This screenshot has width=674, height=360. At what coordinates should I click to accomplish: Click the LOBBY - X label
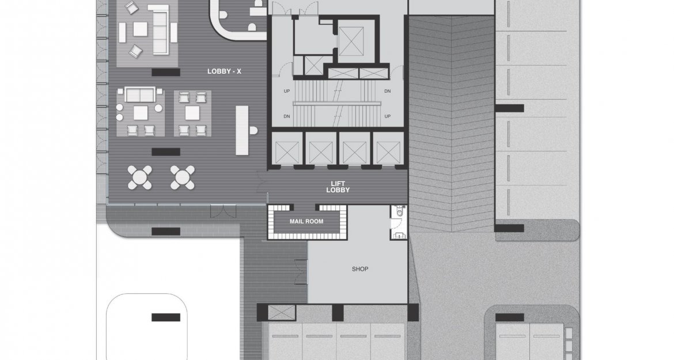(x=224, y=71)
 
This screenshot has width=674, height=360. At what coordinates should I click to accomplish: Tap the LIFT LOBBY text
(x=338, y=187)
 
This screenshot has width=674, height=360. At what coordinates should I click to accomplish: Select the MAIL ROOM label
(x=306, y=222)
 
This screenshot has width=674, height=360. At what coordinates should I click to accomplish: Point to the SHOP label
(x=360, y=269)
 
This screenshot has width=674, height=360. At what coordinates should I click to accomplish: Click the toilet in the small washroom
(x=400, y=212)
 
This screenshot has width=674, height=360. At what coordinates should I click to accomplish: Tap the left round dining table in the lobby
(x=140, y=177)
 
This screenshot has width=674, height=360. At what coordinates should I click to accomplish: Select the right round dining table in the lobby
(x=183, y=177)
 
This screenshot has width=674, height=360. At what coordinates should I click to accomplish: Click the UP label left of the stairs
(x=287, y=91)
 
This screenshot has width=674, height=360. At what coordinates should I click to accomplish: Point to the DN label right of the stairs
(x=387, y=91)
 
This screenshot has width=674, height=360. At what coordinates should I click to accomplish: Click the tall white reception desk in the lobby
(x=242, y=131)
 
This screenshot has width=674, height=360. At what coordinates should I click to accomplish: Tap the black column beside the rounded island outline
(x=166, y=317)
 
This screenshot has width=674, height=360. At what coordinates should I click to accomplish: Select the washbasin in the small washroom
(x=400, y=235)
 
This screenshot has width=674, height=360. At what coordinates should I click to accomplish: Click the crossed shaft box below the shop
(x=282, y=312)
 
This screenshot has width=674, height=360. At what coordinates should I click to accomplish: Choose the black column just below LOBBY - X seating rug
(x=166, y=151)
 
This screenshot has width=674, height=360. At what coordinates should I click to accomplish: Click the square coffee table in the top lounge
(x=140, y=29)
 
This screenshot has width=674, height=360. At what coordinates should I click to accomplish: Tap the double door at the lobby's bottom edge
(x=223, y=211)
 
